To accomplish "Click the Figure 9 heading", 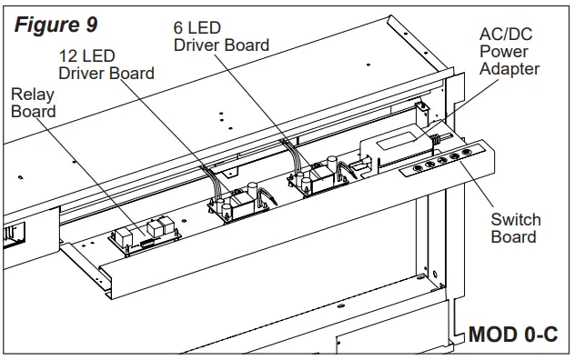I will [x=56, y=23].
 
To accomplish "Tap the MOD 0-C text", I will [x=512, y=335].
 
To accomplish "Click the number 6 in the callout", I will [x=179, y=27].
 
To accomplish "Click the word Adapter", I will [x=509, y=69].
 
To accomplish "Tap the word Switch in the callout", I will [x=515, y=220].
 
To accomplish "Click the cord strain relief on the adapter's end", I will [x=436, y=138].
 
